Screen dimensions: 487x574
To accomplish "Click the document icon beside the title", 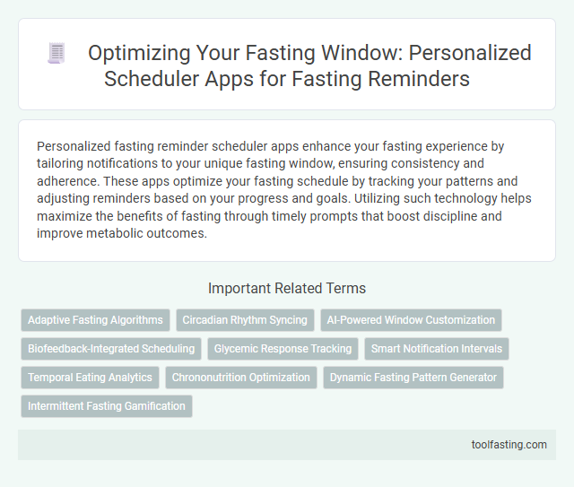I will pyautogui.click(x=56, y=54).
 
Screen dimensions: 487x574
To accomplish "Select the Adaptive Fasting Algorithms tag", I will pyautogui.click(x=96, y=320).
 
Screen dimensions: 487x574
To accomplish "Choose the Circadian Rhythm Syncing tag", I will pyautogui.click(x=245, y=320).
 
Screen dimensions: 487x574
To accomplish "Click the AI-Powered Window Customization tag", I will pyautogui.click(x=412, y=320).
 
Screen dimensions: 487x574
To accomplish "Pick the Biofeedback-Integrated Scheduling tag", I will pyautogui.click(x=111, y=349).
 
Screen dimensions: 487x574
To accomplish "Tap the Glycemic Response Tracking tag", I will pyautogui.click(x=283, y=349).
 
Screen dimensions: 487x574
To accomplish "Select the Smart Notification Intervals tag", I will pyautogui.click(x=438, y=349).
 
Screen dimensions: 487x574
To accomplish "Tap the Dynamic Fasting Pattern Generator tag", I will pyautogui.click(x=413, y=378).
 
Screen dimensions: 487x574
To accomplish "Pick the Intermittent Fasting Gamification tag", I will pyautogui.click(x=107, y=406).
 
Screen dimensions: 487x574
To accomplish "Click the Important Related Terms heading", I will pyautogui.click(x=287, y=289).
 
